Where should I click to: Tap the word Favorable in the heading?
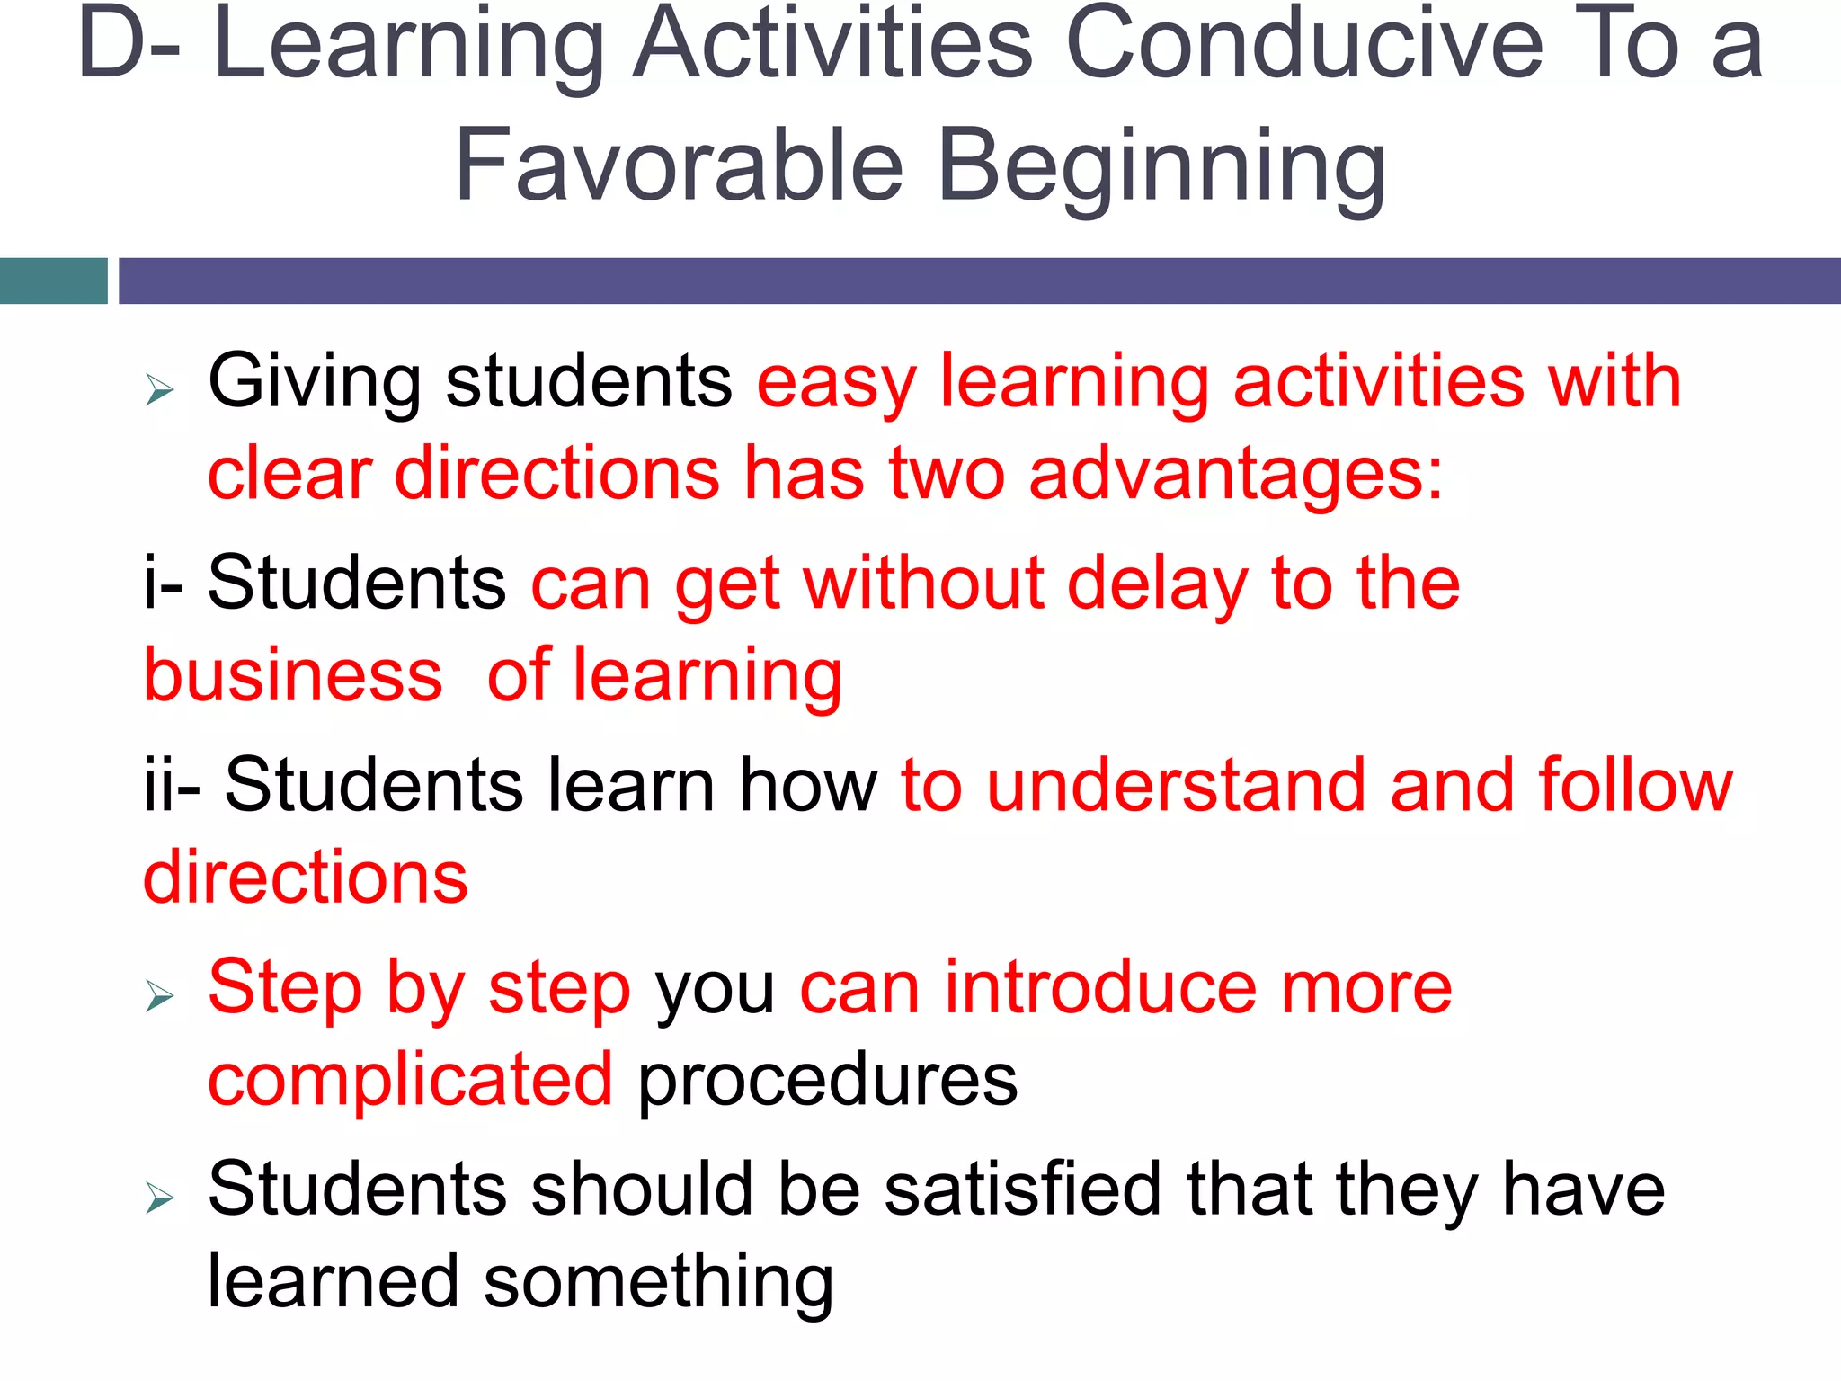(680, 166)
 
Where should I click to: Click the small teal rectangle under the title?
(53, 281)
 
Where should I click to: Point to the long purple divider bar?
(979, 281)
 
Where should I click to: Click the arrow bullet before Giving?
(159, 389)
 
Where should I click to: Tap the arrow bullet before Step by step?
(159, 995)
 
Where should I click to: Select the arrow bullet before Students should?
(159, 1198)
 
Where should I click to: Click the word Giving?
(314, 383)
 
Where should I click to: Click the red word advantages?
(1235, 474)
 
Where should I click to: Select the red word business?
(293, 675)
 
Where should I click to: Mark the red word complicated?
(411, 1080)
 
